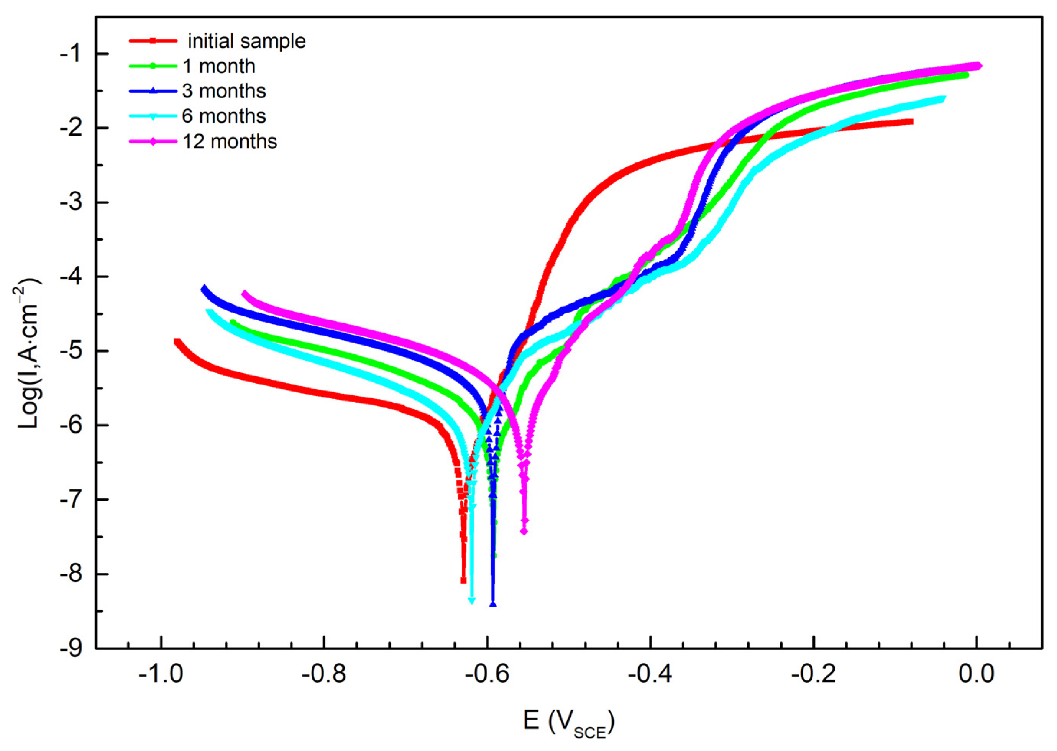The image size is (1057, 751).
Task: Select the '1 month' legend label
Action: [x=219, y=67]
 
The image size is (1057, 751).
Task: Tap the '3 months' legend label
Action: [x=224, y=91]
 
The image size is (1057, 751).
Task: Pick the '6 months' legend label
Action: [x=224, y=116]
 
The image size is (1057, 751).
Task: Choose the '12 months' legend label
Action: [x=230, y=141]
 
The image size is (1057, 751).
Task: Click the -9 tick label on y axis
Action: [x=70, y=648]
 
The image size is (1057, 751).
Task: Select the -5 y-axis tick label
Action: [x=70, y=351]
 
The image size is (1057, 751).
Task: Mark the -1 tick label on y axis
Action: [x=70, y=54]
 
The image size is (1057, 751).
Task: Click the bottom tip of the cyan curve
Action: [x=471, y=601]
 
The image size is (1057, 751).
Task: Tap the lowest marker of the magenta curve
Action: [x=524, y=531]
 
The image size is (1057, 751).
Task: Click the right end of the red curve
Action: [x=911, y=121]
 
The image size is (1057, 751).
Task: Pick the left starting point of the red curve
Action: [x=176, y=342]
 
